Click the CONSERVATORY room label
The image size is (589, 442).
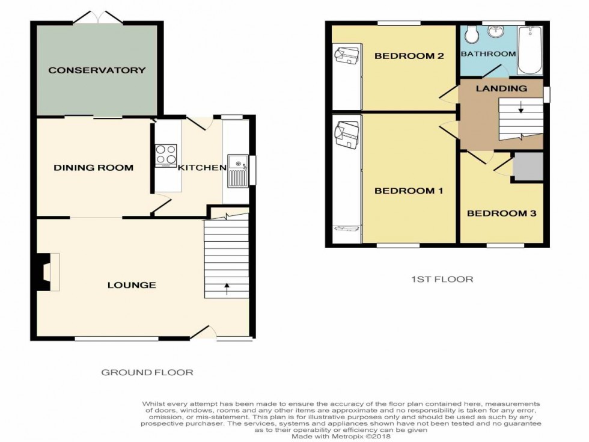97,70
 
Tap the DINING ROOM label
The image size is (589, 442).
94,168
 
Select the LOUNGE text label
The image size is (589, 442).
132,285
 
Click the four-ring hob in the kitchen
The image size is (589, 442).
166,155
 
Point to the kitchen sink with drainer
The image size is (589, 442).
237,171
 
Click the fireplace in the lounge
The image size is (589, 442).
47,272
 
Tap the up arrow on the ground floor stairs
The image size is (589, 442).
227,289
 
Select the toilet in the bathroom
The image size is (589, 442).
471,35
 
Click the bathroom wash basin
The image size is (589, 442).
498,31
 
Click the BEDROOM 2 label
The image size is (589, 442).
409,56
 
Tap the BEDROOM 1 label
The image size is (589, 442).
409,191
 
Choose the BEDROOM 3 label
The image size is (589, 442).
501,213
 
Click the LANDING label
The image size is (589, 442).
501,89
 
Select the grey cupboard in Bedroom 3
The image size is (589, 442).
528,166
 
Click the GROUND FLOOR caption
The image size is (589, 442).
147,372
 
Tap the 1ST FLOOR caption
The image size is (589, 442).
442,279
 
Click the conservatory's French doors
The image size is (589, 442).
98,17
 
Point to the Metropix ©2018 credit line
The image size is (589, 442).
341,437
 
